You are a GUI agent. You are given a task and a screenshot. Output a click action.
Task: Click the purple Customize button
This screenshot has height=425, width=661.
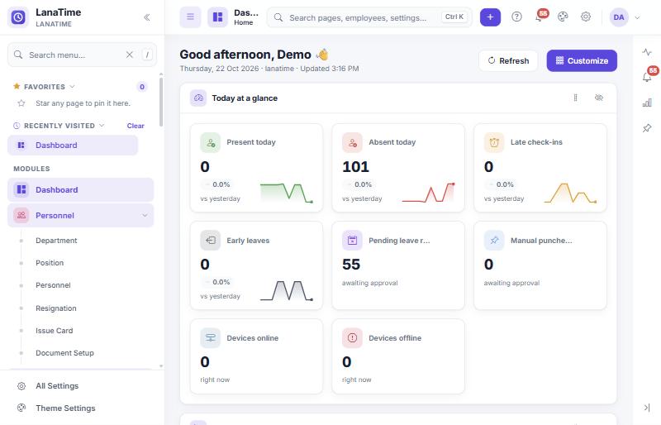coord(582,61)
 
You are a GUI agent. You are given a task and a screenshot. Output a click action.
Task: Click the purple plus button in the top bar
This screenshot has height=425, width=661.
coord(490,17)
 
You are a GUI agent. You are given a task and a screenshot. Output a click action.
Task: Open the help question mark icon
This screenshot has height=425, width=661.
coord(516,17)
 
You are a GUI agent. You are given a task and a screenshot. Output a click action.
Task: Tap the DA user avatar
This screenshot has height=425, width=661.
coord(619,17)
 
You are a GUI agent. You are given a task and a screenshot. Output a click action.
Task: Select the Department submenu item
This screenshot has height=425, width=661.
coord(56,241)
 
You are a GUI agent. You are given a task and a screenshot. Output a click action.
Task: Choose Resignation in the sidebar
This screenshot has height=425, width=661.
coord(56,308)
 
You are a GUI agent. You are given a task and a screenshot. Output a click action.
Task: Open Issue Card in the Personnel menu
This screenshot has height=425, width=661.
coord(54,331)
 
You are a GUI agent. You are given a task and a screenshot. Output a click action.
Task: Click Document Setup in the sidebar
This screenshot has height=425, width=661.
coord(64,353)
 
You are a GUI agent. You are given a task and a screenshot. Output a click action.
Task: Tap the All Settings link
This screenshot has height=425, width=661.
coord(57,386)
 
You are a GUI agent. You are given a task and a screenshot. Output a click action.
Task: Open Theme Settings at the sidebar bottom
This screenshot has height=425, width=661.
coord(65,408)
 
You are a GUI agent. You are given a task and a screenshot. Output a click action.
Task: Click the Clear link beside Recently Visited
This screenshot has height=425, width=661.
coord(136,126)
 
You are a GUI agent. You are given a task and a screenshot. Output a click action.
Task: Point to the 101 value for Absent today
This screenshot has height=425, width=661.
coord(355,167)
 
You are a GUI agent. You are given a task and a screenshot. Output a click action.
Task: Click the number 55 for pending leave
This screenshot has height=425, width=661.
coord(351,265)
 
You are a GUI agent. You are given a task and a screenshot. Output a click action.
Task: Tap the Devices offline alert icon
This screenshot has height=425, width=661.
coord(353,338)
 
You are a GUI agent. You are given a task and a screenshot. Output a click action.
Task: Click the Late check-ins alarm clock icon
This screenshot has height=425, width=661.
coord(494,142)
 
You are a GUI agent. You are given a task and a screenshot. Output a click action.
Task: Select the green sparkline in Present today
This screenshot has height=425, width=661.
coord(286,193)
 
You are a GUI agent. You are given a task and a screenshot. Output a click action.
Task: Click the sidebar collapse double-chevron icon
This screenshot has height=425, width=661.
coord(147,17)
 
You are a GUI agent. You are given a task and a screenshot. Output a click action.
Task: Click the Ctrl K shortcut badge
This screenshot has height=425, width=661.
coord(454,17)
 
